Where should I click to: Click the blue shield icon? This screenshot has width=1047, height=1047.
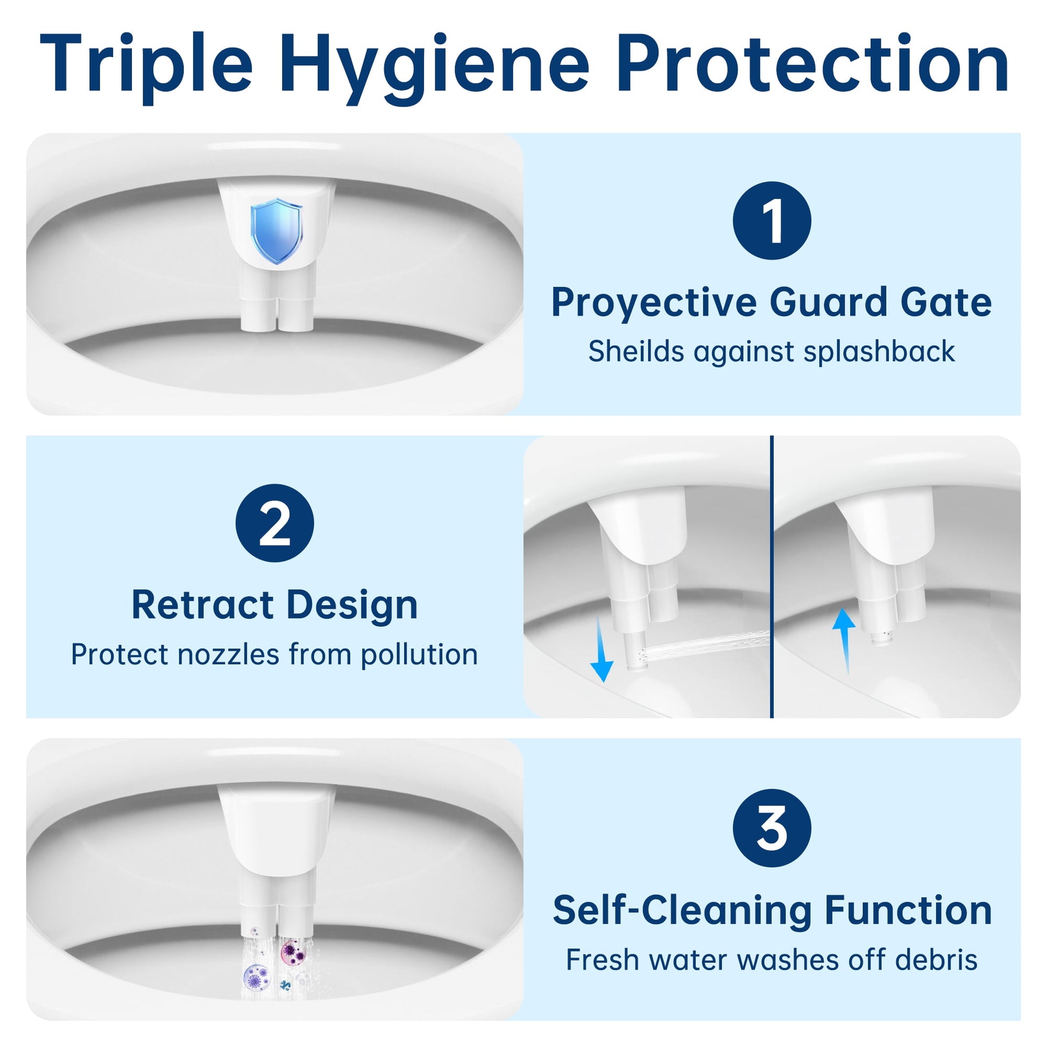277,231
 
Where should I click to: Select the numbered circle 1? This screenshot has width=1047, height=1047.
772,221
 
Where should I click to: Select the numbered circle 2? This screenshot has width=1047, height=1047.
275,523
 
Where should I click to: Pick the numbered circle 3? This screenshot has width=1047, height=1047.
772,828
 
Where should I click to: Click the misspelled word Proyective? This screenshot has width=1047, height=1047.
654,303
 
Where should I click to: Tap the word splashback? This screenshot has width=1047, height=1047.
879,352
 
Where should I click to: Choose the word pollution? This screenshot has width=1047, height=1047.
419,655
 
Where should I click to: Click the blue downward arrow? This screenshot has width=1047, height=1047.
600,649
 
